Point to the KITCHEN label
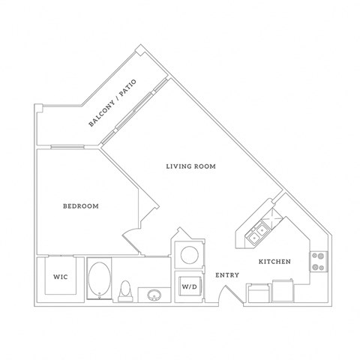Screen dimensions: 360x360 click(274, 262)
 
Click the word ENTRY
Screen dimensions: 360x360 click(227, 275)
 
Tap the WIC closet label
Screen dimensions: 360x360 click(61, 277)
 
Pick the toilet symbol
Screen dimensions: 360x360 click(126, 289)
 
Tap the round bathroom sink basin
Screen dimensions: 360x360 click(155, 294)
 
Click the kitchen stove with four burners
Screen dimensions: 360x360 click(319, 261)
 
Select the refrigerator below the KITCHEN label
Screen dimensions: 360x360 click(283, 289)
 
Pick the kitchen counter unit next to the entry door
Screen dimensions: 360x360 click(258, 293)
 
